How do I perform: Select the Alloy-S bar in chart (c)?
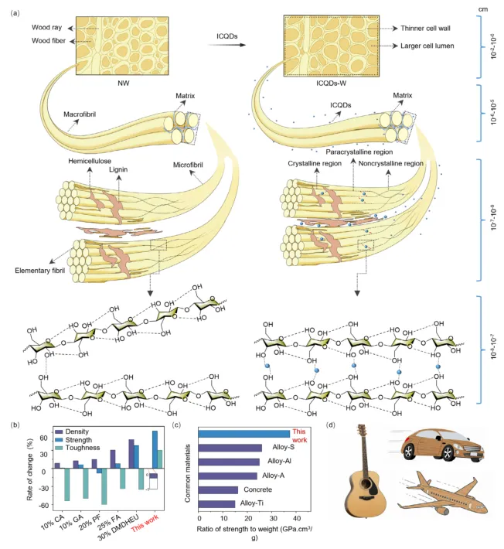point(230,447)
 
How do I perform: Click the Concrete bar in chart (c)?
point(219,489)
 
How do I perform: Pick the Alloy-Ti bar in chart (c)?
point(217,503)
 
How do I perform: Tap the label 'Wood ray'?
point(46,27)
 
